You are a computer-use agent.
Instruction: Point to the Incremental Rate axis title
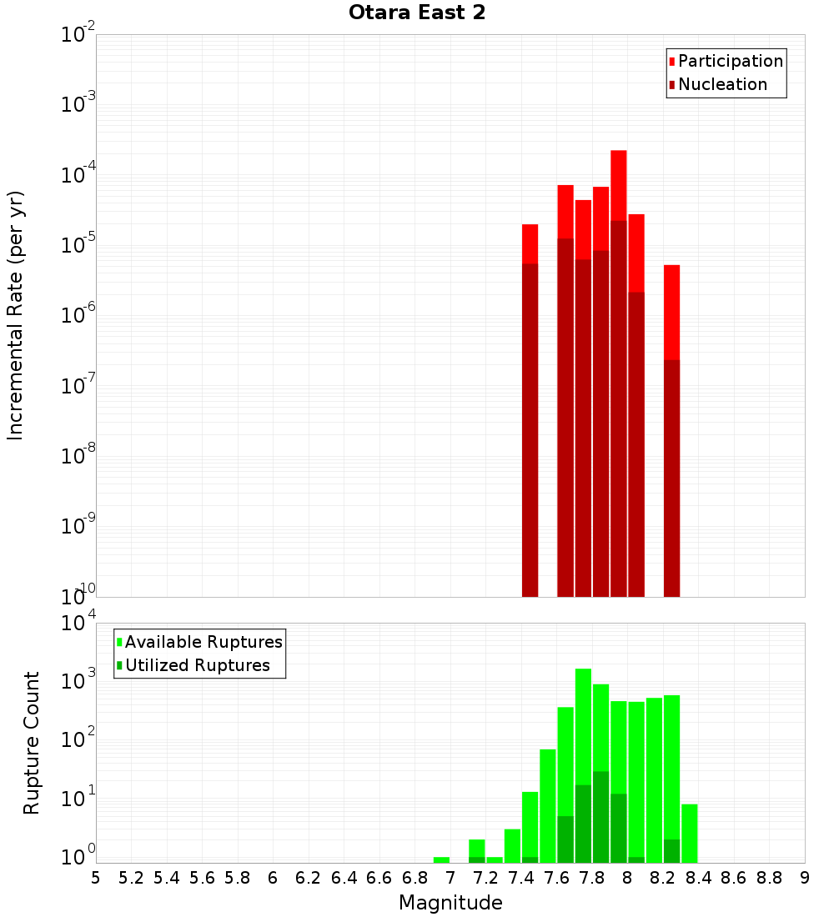click(16, 315)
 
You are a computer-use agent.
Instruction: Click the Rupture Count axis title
click(32, 742)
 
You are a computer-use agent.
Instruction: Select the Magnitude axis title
click(450, 903)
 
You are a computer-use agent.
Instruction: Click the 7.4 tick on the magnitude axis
click(521, 878)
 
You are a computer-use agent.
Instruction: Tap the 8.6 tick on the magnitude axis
click(734, 878)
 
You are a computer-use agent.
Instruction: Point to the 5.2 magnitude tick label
click(132, 878)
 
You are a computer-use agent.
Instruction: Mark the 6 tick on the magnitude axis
click(273, 878)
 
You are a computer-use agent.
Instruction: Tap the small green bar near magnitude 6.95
click(442, 859)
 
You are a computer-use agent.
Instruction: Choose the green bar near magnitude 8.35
click(690, 834)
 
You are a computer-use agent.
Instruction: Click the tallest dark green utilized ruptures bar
click(601, 817)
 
